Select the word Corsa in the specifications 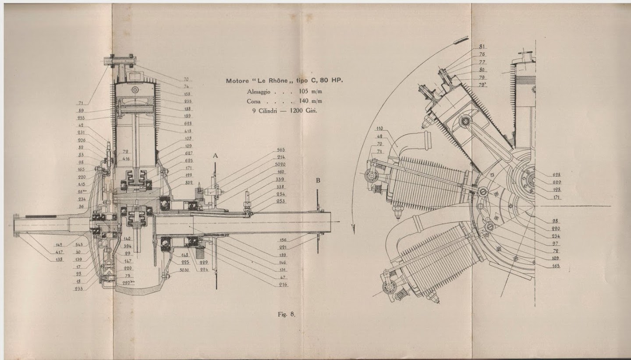coord(255,101)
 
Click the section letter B coord(318,180)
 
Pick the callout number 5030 coord(184,270)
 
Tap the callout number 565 coord(280,150)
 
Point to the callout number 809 coord(189,182)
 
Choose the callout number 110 coord(379,128)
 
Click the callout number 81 coord(482,46)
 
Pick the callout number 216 coord(283,285)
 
